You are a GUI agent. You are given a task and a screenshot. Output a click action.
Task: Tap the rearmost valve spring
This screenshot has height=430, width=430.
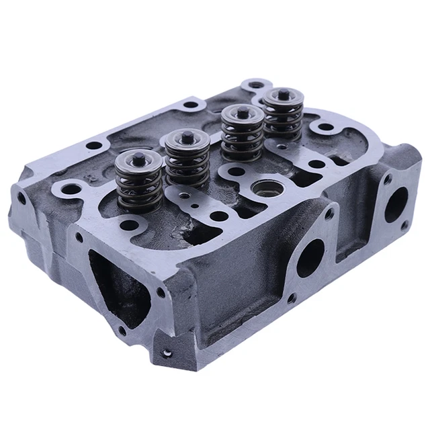click(x=282, y=116)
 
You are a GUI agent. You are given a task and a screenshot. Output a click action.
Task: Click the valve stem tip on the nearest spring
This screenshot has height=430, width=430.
click(x=138, y=160)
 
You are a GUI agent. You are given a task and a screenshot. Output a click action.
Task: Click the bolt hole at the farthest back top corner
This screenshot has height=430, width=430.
click(x=255, y=85)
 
